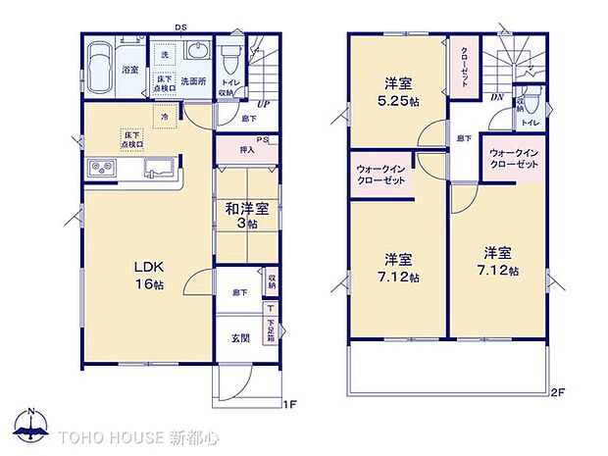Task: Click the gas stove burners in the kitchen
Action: pyautogui.click(x=103, y=169)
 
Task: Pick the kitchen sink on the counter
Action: pyautogui.click(x=157, y=170)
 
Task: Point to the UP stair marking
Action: pyautogui.click(x=263, y=105)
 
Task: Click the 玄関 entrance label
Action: pyautogui.click(x=240, y=338)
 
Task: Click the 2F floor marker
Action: pyautogui.click(x=558, y=392)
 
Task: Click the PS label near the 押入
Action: pyautogui.click(x=263, y=140)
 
